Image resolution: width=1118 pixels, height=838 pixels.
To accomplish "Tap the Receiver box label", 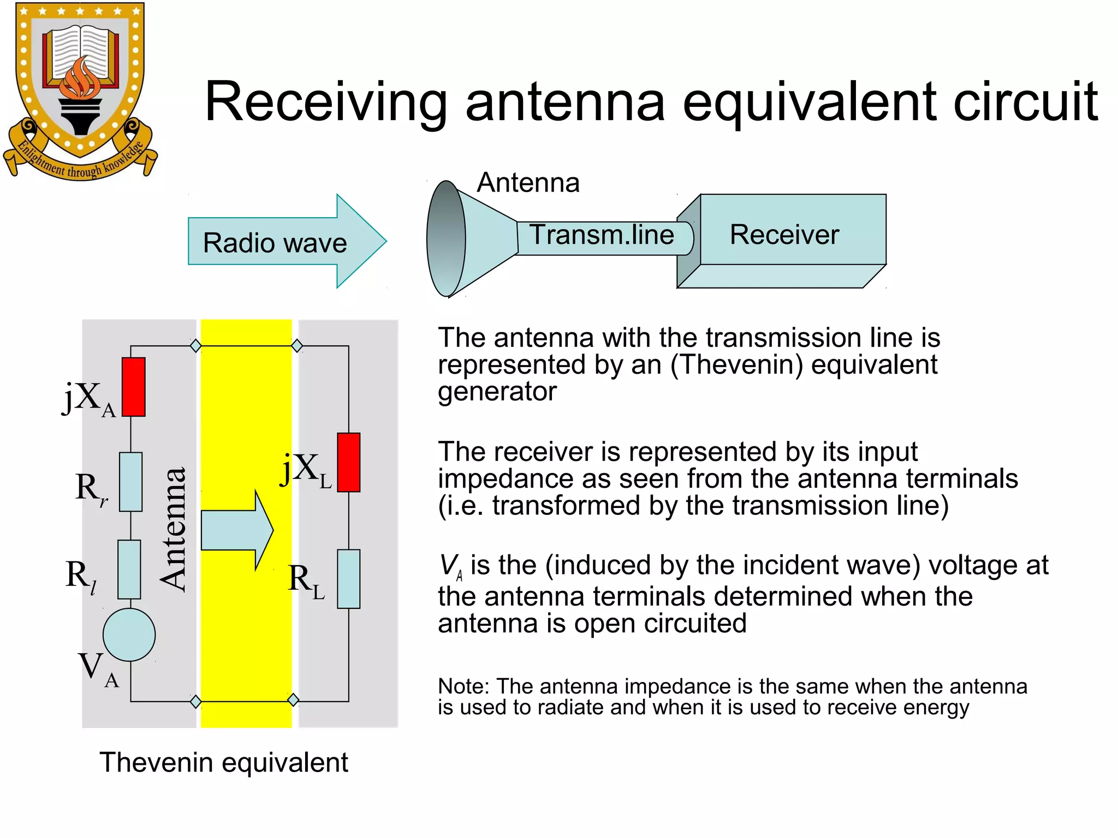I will [784, 235].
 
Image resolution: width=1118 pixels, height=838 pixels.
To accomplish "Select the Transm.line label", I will [602, 235].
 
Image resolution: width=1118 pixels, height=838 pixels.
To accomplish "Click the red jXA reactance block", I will [133, 387].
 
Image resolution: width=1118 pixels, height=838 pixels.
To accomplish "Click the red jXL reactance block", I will [348, 462].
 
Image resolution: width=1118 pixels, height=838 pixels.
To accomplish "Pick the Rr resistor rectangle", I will [130, 482].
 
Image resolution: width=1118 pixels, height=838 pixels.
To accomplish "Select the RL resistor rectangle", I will [348, 579].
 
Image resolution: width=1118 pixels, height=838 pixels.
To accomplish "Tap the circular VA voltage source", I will [129, 635].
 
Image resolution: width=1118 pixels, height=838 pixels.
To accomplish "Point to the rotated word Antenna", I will [174, 529].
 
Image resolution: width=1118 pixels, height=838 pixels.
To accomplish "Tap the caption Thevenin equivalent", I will [223, 762].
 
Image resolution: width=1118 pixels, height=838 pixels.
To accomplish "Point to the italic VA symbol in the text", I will [451, 566].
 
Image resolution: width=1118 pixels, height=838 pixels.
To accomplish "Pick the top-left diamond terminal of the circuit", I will [195, 345].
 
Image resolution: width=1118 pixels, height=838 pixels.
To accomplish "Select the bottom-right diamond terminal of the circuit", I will [293, 700].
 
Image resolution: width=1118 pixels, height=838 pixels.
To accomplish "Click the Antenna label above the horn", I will [528, 182].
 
